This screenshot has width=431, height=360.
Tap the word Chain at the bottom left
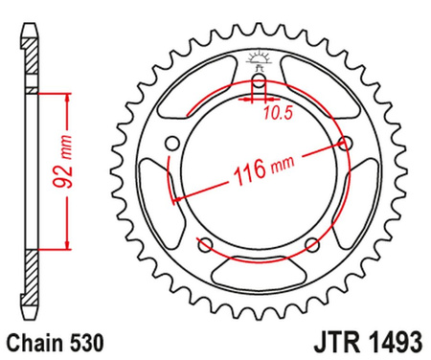[31, 340]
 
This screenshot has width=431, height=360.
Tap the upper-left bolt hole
[172, 145]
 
